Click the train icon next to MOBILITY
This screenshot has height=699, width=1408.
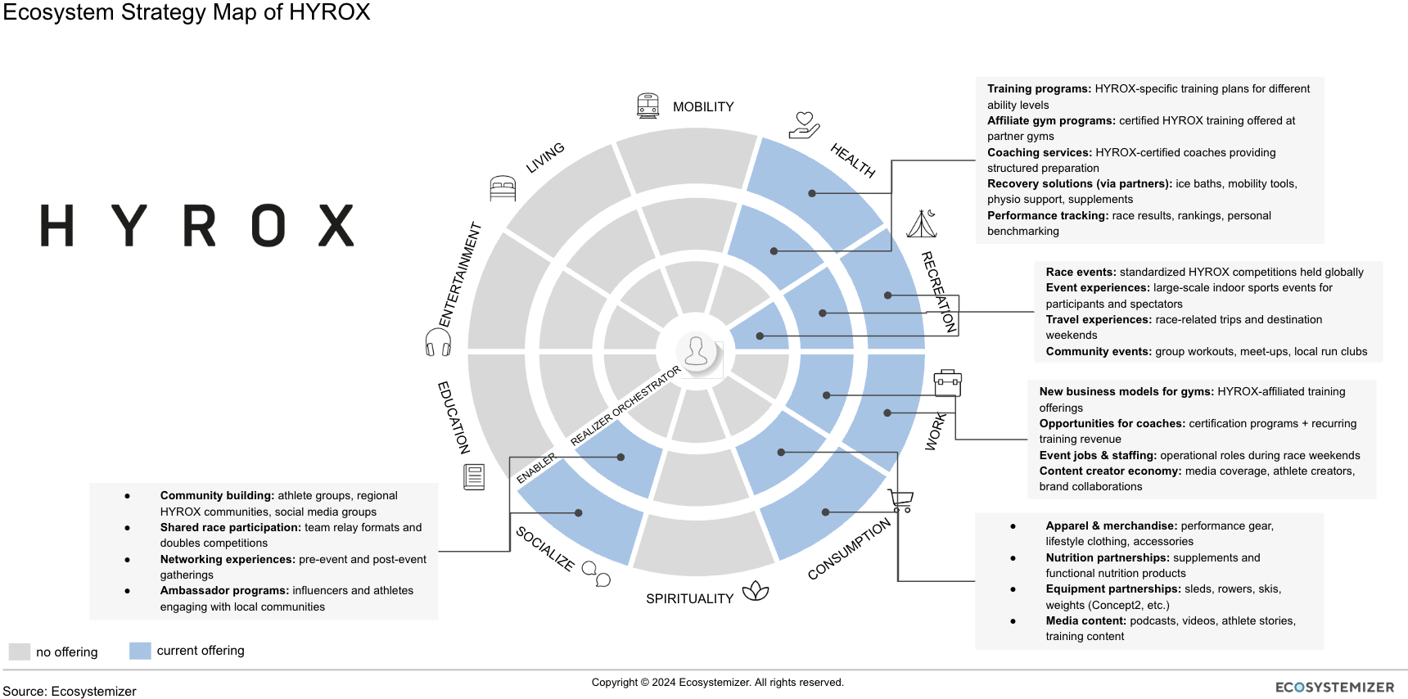[648, 106]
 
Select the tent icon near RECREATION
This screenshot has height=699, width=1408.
[922, 223]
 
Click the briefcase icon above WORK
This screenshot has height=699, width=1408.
[947, 382]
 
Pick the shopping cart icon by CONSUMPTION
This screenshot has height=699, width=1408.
[900, 500]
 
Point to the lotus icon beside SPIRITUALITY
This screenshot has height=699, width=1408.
[755, 591]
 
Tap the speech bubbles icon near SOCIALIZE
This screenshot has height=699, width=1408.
[596, 574]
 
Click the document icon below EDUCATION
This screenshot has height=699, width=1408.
[474, 476]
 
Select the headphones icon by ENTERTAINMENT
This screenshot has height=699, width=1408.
[438, 341]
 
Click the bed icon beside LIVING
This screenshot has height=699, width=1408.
[503, 188]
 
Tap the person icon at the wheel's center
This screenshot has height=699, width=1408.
[697, 352]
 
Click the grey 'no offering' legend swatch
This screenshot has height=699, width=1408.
[19, 652]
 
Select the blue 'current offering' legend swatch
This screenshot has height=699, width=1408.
[140, 651]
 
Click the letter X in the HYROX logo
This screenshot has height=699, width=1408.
[336, 226]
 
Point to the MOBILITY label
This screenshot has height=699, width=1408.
[703, 107]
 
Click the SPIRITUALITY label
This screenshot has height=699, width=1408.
[689, 599]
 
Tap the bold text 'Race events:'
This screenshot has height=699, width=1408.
[1081, 272]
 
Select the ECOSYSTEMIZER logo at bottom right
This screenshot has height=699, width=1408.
[1334, 688]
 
